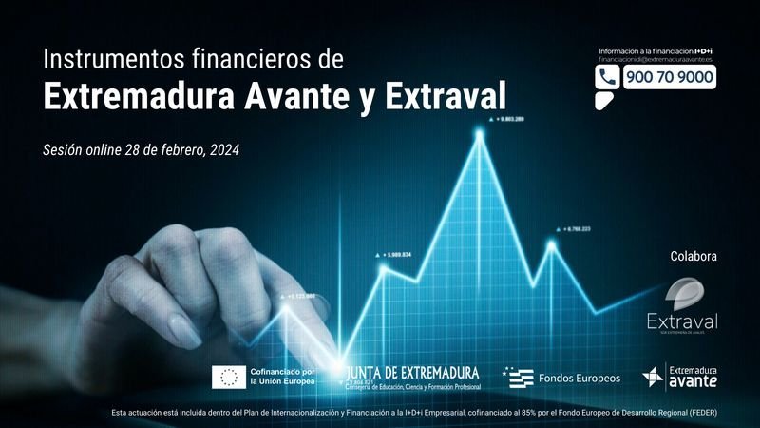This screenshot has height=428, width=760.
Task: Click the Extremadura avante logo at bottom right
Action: click(680, 377)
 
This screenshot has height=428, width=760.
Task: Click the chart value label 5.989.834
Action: click(398, 255)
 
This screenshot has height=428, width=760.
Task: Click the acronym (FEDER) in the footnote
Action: click(701, 412)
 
